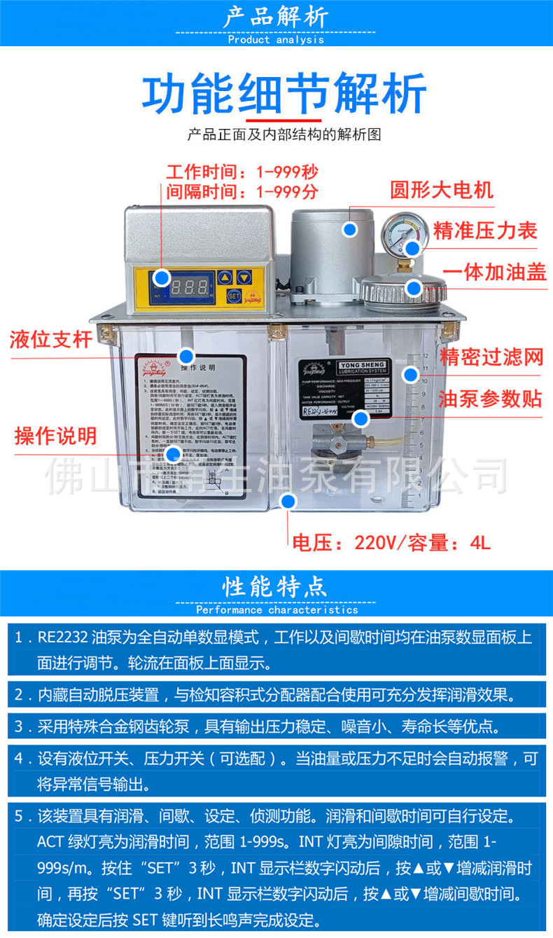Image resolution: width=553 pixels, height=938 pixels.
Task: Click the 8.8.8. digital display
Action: point(189,286)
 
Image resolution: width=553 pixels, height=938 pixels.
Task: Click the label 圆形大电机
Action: point(442,190)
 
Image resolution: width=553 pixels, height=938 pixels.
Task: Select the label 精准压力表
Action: point(485,230)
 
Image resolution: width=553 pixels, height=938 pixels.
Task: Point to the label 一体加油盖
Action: point(495,273)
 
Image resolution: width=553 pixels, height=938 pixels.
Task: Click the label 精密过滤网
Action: point(491,357)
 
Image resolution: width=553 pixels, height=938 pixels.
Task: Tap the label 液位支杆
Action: point(50,340)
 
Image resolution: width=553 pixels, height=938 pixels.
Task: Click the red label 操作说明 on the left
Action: point(55,436)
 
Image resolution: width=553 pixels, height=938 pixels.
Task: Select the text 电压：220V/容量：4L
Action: point(391,542)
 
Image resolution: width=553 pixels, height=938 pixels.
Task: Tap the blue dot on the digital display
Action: point(162,278)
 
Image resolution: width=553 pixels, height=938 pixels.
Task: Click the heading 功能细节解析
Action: point(284,94)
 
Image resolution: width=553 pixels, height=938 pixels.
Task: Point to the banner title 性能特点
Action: point(276,586)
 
